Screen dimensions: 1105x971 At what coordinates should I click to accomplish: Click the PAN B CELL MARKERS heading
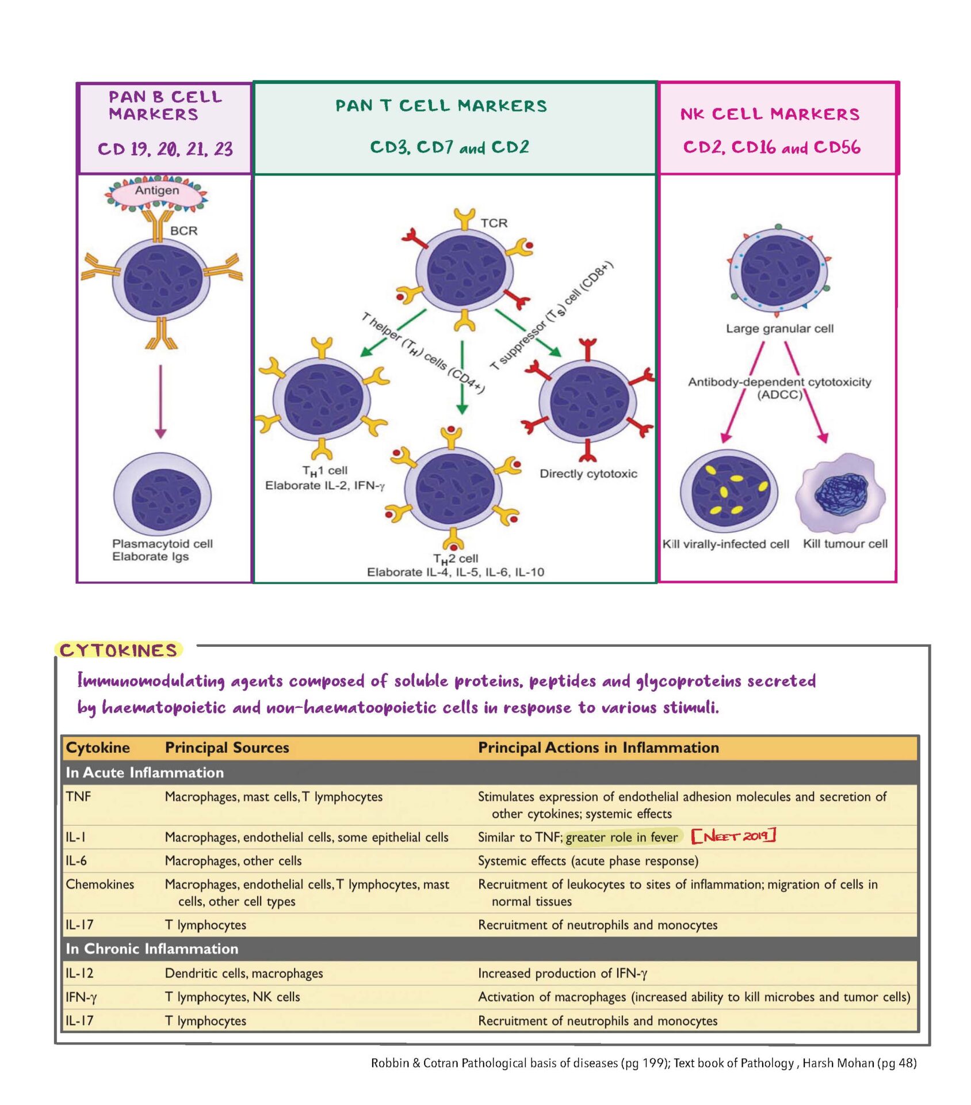pyautogui.click(x=165, y=105)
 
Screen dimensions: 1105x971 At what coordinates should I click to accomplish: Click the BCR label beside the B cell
pyautogui.click(x=184, y=231)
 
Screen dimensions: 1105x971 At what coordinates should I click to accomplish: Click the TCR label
pyautogui.click(x=494, y=223)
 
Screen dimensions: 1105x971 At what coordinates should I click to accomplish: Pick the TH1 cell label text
pyautogui.click(x=324, y=471)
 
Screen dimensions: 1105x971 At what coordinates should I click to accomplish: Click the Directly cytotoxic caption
pyautogui.click(x=588, y=474)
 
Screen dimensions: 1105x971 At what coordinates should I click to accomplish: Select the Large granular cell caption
pyautogui.click(x=779, y=329)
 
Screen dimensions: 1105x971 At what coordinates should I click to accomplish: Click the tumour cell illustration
pyautogui.click(x=840, y=494)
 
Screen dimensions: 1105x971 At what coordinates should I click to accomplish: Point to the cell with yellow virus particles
pyautogui.click(x=728, y=490)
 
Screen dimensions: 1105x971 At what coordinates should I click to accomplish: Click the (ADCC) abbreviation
pyautogui.click(x=779, y=395)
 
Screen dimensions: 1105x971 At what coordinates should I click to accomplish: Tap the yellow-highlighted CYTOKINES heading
pyautogui.click(x=118, y=650)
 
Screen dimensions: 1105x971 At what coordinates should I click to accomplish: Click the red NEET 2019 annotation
pyautogui.click(x=733, y=836)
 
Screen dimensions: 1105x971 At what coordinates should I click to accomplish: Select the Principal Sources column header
pyautogui.click(x=227, y=748)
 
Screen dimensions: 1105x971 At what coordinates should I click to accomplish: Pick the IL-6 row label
pyautogui.click(x=77, y=860)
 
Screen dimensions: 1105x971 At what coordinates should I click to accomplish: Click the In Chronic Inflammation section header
pyautogui.click(x=152, y=948)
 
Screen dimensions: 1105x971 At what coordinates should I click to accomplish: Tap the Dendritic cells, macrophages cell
pyautogui.click(x=243, y=973)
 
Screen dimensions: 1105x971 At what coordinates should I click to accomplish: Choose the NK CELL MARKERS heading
pyautogui.click(x=770, y=114)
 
